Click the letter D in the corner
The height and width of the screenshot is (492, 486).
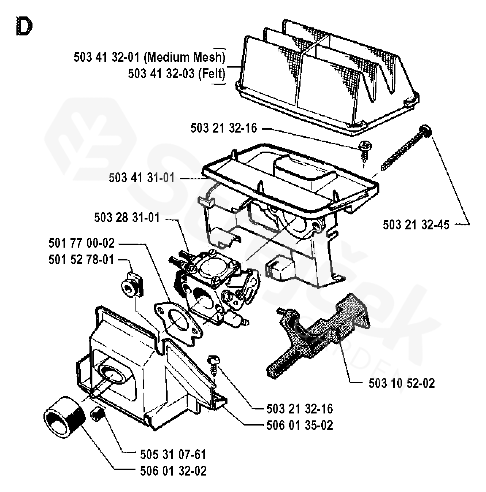24,26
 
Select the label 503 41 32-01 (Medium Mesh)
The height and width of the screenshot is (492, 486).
149,57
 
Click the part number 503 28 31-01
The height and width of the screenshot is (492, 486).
127,218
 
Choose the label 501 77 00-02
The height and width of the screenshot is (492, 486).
81,243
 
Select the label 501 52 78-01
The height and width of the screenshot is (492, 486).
81,260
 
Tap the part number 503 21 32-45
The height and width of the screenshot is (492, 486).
416,225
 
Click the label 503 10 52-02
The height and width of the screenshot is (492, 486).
402,383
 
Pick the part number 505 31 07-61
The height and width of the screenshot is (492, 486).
173,455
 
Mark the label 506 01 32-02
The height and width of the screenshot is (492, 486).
173,471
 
